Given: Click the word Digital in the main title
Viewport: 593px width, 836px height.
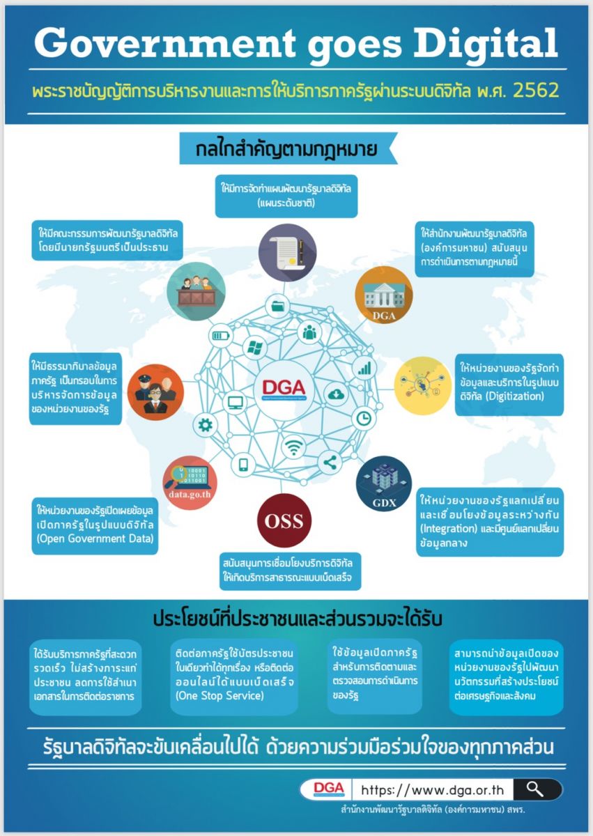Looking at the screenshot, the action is [x=485, y=45].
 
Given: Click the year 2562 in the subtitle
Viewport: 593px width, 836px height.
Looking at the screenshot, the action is [x=536, y=91].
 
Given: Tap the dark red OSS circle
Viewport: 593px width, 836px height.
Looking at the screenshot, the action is [x=284, y=520].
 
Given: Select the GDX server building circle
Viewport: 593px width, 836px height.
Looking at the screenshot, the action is [x=384, y=483].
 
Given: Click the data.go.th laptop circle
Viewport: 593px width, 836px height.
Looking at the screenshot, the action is [x=190, y=483].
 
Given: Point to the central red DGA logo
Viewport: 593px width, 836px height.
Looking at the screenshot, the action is [x=284, y=388].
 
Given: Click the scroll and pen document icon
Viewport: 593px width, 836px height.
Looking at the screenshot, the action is [x=287, y=252].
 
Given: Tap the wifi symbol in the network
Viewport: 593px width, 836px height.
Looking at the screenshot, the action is [x=293, y=447].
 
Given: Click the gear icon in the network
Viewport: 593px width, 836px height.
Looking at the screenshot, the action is [x=206, y=425].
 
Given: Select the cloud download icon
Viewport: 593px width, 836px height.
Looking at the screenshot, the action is [x=337, y=394].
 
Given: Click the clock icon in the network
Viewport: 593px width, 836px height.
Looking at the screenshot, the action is [x=364, y=419].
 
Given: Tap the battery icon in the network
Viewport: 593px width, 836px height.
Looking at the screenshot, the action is [x=221, y=336].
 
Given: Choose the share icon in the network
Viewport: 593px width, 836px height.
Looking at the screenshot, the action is [x=330, y=463].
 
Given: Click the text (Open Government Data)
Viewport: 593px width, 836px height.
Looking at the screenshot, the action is [x=95, y=539].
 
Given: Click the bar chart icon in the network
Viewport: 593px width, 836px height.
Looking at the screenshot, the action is [x=364, y=368].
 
